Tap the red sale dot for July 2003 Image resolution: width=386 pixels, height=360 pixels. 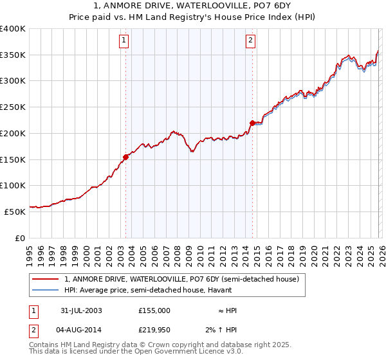click(126, 156)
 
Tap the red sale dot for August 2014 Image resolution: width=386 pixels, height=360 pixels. click(252, 122)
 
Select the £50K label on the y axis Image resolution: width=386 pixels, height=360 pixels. click(15, 211)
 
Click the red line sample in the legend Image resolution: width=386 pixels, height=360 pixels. click(46, 280)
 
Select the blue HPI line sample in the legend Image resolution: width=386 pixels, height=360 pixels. click(46, 290)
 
